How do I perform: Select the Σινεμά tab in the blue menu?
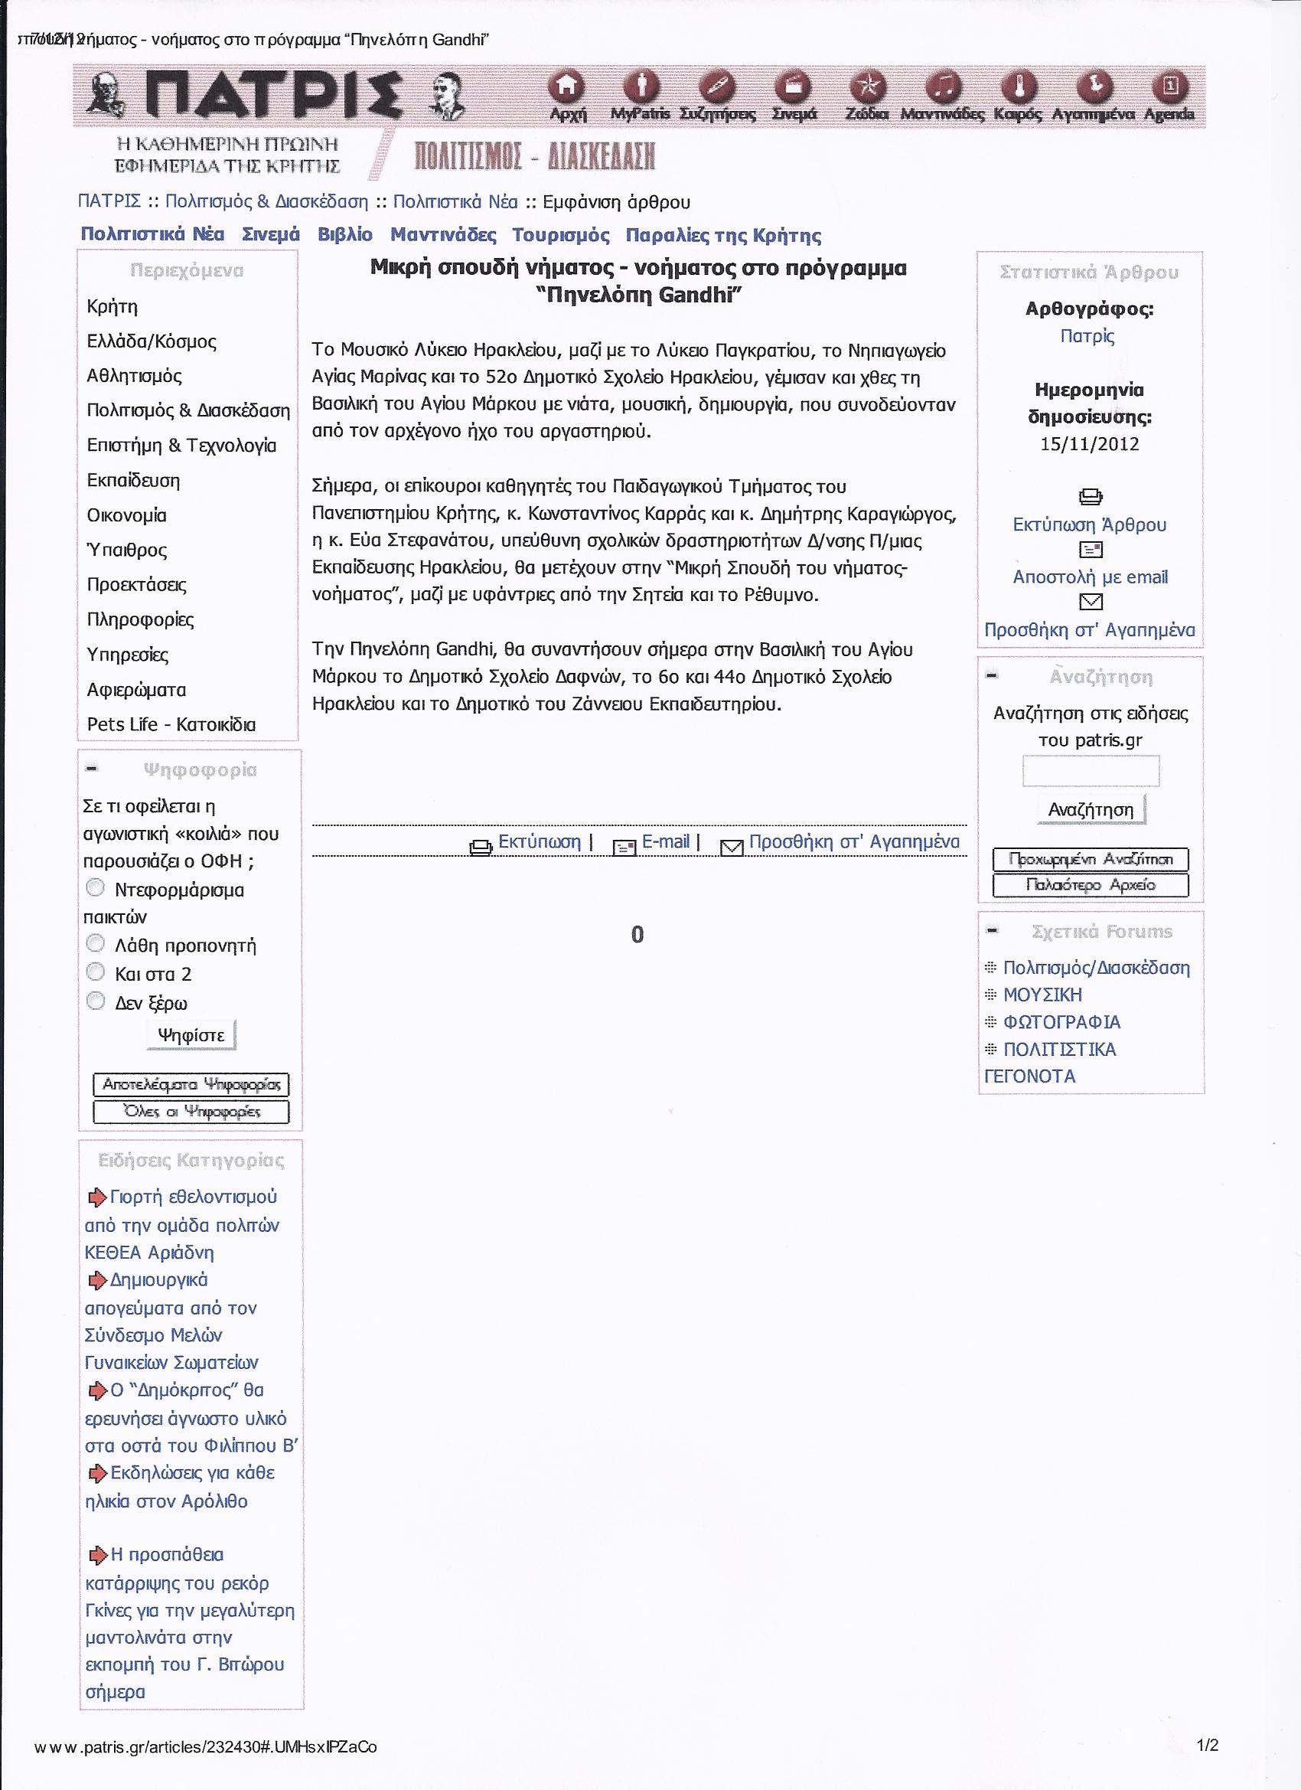coord(271,235)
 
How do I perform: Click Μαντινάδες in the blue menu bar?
coord(443,235)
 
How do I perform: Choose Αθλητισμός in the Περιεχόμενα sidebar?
coord(134,376)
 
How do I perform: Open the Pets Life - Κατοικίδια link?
coord(171,724)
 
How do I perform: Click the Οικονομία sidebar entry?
coord(126,515)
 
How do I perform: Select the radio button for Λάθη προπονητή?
coord(96,944)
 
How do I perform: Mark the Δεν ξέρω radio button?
coord(96,1001)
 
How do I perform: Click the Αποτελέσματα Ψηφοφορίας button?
coord(191,1084)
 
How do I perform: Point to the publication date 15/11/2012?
coord(1090,443)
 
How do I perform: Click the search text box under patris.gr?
coord(1091,771)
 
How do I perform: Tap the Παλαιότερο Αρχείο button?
coord(1091,885)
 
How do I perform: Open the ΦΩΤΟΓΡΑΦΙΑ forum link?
coord(1061,1022)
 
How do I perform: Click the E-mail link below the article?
coord(665,842)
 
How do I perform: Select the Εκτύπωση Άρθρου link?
coord(1090,525)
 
